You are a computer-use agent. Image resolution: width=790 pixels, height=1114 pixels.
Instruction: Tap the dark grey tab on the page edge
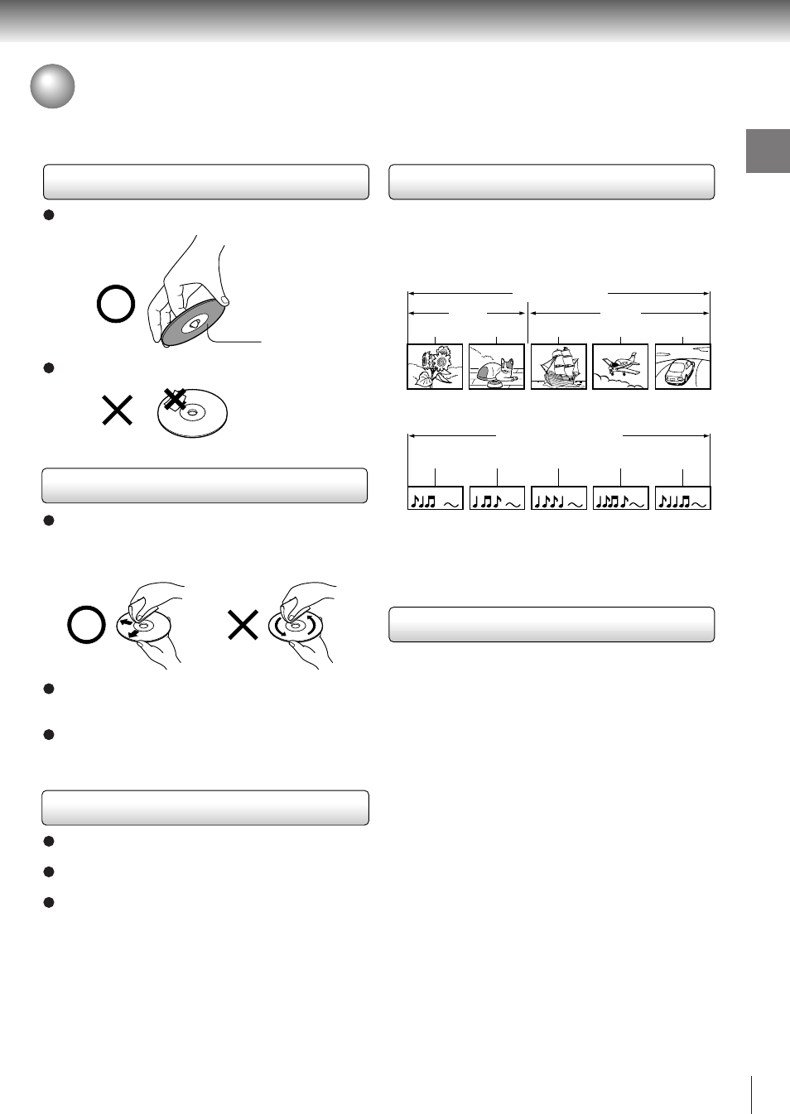pos(768,151)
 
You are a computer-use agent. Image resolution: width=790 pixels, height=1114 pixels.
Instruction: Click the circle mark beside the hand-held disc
pos(116,304)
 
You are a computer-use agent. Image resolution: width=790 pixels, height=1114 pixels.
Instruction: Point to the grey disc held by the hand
pos(192,324)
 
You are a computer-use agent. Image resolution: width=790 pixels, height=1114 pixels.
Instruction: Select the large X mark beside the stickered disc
pos(117,410)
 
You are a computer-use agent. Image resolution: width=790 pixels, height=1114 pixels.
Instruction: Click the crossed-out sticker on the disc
pos(174,400)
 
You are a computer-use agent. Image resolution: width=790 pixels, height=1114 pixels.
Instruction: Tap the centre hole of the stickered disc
pos(192,412)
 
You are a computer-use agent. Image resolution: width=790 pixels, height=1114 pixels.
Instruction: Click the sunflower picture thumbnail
pos(435,367)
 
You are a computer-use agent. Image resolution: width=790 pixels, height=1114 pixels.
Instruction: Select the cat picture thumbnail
pos(497,367)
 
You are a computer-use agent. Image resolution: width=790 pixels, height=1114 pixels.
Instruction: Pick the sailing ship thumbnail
pos(558,367)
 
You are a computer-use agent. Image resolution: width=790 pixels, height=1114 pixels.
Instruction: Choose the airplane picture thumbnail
pos(620,367)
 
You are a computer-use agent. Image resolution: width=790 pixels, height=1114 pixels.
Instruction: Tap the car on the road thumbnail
pos(682,367)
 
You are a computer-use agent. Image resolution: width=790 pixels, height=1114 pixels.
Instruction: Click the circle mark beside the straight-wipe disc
pos(86,625)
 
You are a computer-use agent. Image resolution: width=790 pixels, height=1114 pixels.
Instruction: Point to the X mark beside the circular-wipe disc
pos(243,625)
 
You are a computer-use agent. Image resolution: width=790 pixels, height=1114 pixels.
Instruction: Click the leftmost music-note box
pos(435,498)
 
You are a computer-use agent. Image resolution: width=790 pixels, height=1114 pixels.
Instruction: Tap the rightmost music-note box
pos(682,498)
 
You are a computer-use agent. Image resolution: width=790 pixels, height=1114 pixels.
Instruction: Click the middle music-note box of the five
pos(558,498)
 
